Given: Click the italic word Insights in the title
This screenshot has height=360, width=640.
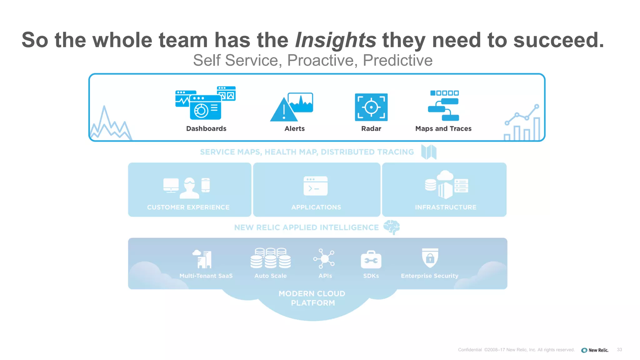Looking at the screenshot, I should (335, 40).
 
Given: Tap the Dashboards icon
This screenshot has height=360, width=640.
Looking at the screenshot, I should (205, 103).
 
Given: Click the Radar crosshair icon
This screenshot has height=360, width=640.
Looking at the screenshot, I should (371, 107).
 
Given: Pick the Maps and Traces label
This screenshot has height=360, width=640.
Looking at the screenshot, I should (443, 128).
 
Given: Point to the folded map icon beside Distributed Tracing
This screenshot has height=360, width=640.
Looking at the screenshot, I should (428, 152).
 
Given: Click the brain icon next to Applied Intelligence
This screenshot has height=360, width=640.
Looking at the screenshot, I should (392, 227).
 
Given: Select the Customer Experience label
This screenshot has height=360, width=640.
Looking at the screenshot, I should (188, 207).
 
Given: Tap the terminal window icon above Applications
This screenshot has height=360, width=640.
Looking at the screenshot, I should (315, 186).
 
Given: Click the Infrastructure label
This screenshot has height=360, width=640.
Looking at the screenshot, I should (445, 207).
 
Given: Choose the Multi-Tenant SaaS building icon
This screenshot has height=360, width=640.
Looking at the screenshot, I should (202, 259).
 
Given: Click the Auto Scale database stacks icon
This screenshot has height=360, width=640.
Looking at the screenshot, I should (270, 258).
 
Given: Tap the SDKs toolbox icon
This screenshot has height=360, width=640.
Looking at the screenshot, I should (371, 260).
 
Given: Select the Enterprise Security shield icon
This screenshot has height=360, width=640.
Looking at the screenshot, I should (430, 258).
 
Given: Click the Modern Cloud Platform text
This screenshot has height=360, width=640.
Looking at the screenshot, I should (312, 298).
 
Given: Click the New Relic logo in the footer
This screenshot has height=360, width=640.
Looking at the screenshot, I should (595, 350).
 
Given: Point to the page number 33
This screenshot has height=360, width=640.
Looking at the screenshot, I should (619, 350).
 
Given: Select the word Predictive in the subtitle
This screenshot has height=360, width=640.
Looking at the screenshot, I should (397, 60).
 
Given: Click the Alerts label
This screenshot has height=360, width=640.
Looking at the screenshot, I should (294, 128).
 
